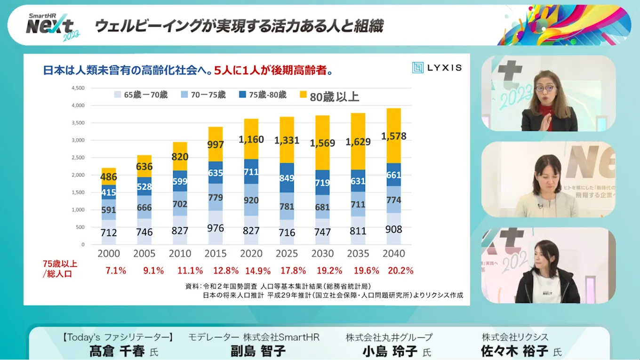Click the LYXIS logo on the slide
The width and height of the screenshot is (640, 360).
pos(437,68)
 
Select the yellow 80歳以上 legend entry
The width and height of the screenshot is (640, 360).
pos(329,96)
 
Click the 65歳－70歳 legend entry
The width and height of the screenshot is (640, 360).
pos(141,95)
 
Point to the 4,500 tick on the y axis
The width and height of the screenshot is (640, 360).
pos(78,88)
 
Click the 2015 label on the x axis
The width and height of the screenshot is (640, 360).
pos(216,254)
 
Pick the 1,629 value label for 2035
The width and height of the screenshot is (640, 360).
pos(358,141)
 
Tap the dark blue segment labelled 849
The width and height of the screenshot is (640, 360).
pos(287,178)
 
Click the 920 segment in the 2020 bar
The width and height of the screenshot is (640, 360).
pos(251,200)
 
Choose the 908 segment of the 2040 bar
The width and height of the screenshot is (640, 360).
pos(394,229)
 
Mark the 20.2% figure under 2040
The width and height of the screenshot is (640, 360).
pos(400,271)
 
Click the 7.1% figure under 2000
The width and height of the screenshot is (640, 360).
pos(116,271)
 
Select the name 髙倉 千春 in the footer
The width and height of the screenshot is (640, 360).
pos(117,351)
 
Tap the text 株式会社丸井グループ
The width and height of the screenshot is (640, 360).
pos(389,337)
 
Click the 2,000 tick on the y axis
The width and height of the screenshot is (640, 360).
pos(78,175)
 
